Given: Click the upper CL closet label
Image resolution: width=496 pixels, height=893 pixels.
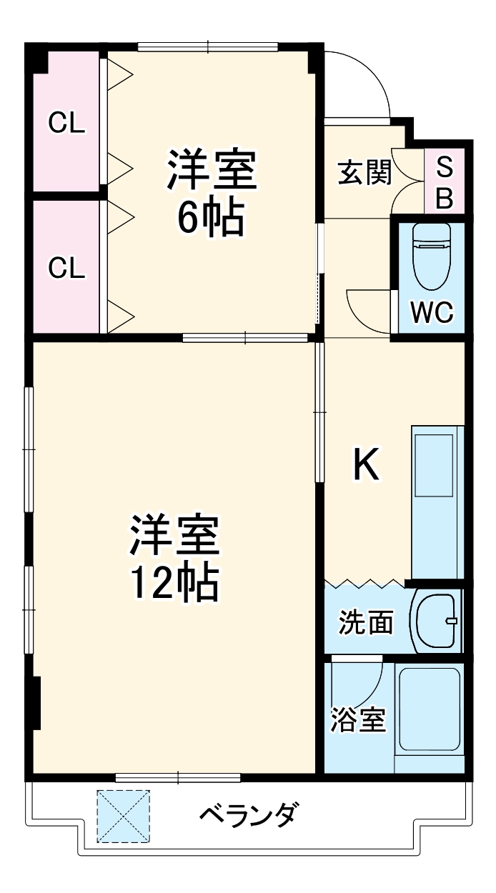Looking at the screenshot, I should pos(66,124).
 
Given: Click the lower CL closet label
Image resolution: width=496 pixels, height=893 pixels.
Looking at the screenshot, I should pos(66,268).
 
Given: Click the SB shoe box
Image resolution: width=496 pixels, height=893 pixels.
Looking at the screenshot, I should pos(444,182).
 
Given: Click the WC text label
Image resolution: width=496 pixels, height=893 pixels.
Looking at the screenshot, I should pos(432,311).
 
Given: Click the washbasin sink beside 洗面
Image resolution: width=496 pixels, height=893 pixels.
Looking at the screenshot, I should pos(436,620).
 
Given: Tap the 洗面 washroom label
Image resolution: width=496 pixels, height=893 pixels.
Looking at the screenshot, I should pos(365,623).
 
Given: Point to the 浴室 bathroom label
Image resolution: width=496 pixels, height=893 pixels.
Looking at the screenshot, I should pos(358,719).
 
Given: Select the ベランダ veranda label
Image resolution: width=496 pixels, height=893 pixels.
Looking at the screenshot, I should pos(248,814).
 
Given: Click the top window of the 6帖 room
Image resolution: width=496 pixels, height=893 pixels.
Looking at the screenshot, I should pos(207,48).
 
